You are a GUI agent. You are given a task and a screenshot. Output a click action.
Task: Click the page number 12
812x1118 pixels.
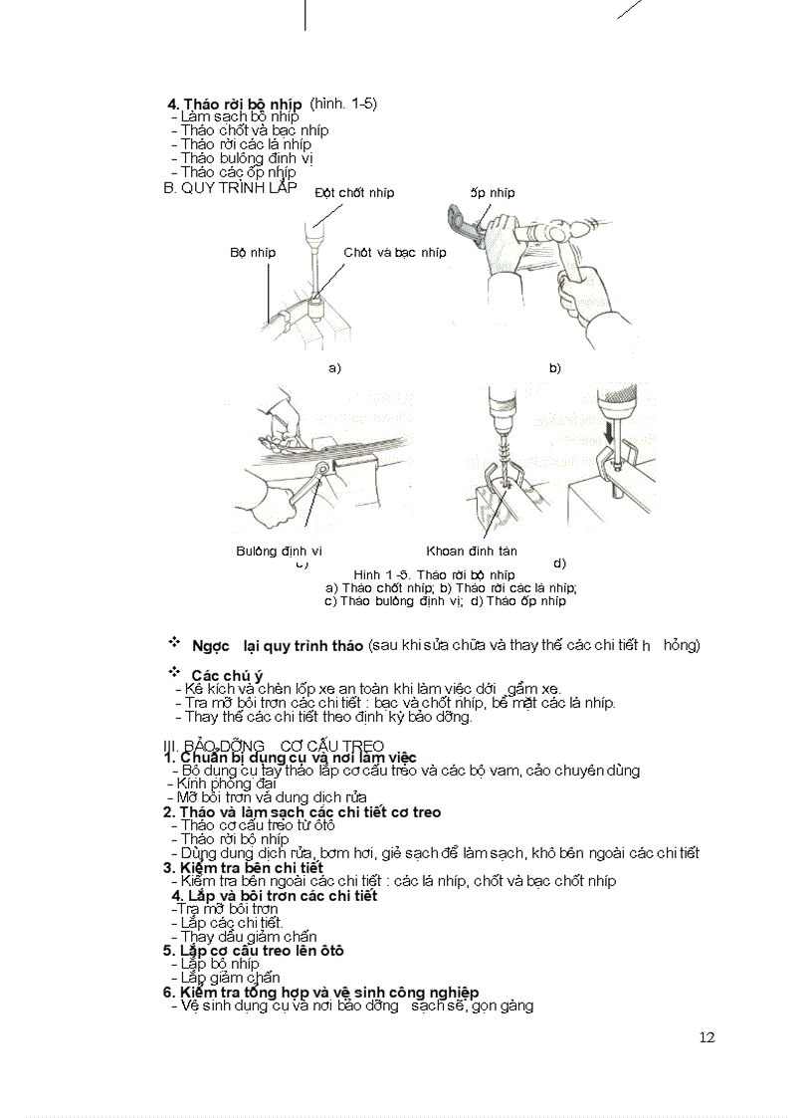pyautogui.click(x=707, y=1037)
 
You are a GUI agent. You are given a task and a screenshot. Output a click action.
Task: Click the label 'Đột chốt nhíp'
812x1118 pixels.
pyautogui.click(x=354, y=192)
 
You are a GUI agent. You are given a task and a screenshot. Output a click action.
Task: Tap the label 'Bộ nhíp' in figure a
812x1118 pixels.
pyautogui.click(x=253, y=252)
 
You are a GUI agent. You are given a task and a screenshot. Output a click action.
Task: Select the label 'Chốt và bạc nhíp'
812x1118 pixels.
pyautogui.click(x=395, y=252)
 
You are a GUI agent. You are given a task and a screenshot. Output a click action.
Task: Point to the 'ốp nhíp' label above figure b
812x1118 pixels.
pyautogui.click(x=493, y=192)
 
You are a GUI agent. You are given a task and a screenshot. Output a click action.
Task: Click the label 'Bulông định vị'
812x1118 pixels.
pyautogui.click(x=279, y=551)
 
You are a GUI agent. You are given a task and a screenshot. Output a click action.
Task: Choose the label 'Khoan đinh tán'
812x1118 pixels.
pyautogui.click(x=472, y=551)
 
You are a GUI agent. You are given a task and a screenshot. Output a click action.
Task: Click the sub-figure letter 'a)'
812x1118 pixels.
pyautogui.click(x=334, y=367)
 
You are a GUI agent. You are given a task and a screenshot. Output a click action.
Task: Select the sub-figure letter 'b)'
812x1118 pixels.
pyautogui.click(x=555, y=367)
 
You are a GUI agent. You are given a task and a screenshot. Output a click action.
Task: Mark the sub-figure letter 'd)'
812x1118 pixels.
pyautogui.click(x=559, y=563)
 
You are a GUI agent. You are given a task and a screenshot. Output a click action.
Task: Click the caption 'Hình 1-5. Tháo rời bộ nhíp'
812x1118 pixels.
pyautogui.click(x=434, y=574)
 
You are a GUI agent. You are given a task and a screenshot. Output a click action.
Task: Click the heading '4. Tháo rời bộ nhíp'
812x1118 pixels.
pyautogui.click(x=235, y=104)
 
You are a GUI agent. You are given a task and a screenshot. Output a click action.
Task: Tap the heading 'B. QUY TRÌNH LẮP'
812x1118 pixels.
pyautogui.click(x=229, y=186)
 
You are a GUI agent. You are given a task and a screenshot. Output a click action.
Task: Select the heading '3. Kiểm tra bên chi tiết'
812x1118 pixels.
pyautogui.click(x=243, y=867)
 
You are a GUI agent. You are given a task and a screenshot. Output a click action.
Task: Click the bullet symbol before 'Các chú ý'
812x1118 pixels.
pyautogui.click(x=174, y=671)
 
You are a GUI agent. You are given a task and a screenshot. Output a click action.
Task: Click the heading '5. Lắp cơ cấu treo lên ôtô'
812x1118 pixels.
pyautogui.click(x=253, y=950)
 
